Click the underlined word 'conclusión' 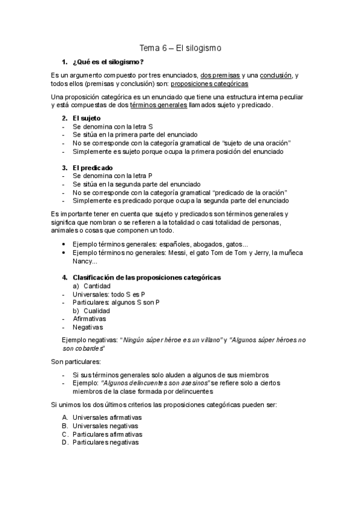pyautogui.click(x=275, y=75)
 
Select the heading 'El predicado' pyautogui.click(x=92, y=167)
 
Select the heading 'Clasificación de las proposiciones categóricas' pyautogui.click(x=147, y=277)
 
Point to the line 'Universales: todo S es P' pyautogui.click(x=108, y=294)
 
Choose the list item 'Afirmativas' pyautogui.click(x=89, y=319)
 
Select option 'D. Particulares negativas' pyautogui.click(x=105, y=442)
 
